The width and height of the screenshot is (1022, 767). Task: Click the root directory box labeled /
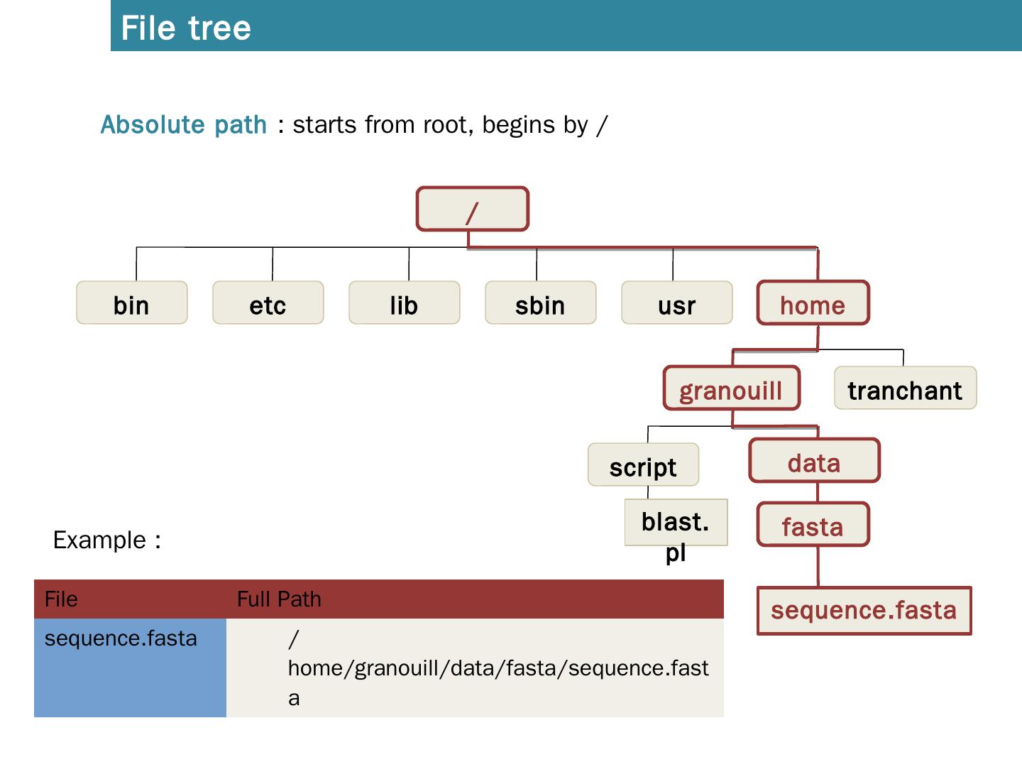(x=473, y=210)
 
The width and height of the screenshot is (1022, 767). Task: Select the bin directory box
(x=132, y=303)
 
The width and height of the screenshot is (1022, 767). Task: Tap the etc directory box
(x=268, y=303)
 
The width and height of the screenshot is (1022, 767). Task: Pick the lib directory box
(x=405, y=303)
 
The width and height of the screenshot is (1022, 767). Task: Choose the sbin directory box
(x=541, y=303)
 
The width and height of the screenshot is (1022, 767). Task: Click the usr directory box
(x=677, y=303)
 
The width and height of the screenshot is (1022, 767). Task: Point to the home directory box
(x=813, y=303)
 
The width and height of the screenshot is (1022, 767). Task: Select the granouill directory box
(x=731, y=388)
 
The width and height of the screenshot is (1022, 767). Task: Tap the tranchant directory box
(x=906, y=388)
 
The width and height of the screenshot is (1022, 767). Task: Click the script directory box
(x=643, y=465)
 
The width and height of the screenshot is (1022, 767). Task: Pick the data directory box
(x=815, y=461)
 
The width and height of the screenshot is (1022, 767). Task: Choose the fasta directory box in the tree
(x=813, y=525)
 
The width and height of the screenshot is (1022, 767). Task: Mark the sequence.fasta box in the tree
(x=864, y=610)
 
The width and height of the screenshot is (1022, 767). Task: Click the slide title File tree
(x=186, y=28)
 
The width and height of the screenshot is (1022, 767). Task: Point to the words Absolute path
(x=184, y=125)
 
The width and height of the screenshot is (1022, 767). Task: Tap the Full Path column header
(x=279, y=599)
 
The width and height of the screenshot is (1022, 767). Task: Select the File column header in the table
(x=61, y=599)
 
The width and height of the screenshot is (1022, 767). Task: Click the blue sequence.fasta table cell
(x=130, y=668)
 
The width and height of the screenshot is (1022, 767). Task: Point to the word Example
(x=99, y=540)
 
